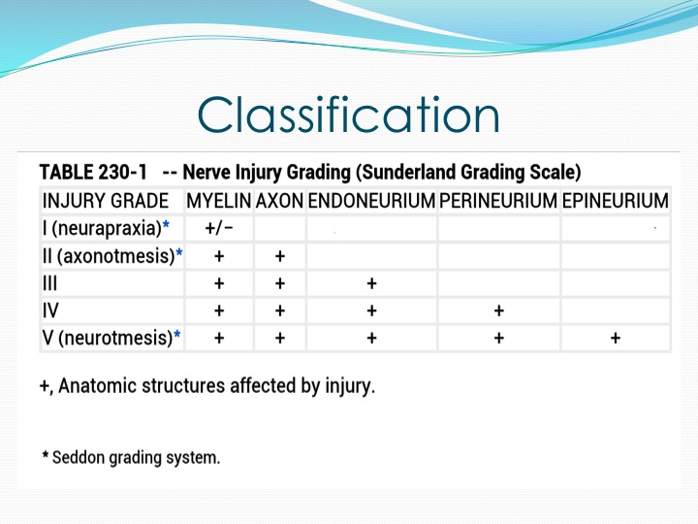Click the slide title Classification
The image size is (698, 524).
(349, 115)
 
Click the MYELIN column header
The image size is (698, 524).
(219, 201)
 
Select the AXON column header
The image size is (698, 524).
(279, 201)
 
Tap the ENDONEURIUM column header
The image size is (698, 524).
(371, 201)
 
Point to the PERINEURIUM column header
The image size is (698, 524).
(498, 201)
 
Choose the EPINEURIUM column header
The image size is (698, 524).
(616, 201)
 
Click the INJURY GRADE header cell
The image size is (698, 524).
(106, 201)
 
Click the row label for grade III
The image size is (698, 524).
(49, 283)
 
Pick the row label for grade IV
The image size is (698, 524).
(50, 311)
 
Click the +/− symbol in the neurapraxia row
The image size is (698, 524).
(219, 229)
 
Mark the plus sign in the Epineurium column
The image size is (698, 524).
(616, 339)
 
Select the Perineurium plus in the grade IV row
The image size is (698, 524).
(498, 311)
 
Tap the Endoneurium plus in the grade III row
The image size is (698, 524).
(371, 283)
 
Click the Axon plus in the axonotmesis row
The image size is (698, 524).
(280, 256)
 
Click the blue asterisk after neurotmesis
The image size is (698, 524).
(177, 334)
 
